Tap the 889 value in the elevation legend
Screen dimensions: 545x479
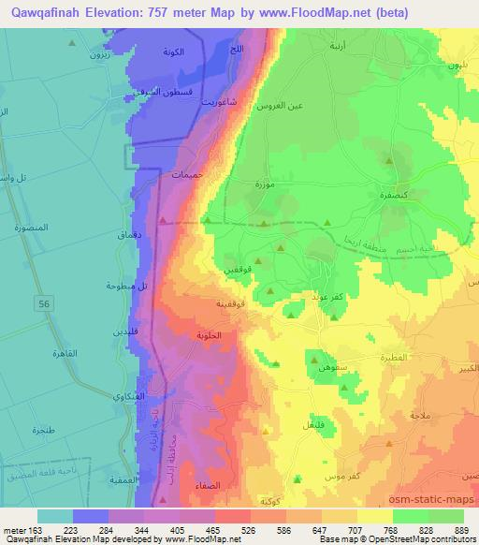pyautogui.click(x=461, y=529)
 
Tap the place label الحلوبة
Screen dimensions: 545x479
pyautogui.click(x=211, y=334)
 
